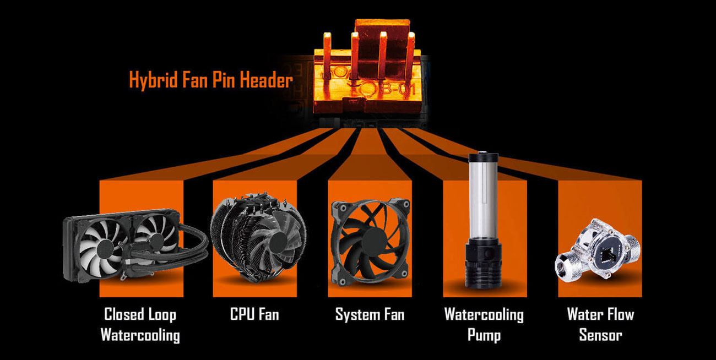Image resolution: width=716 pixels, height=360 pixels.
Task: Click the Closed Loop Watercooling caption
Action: pos(140,325)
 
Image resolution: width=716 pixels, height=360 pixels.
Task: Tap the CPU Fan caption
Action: pos(254,314)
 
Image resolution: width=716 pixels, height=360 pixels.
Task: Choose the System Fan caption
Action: pos(370,315)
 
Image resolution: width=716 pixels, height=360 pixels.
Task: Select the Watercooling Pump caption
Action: pos(484,325)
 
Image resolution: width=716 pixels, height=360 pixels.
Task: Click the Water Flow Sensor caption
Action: pos(600,325)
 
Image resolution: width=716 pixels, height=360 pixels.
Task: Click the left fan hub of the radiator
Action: pos(105,249)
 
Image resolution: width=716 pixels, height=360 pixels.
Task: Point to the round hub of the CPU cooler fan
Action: pos(277,243)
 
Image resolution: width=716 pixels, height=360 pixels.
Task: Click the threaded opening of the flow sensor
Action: pos(565,266)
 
